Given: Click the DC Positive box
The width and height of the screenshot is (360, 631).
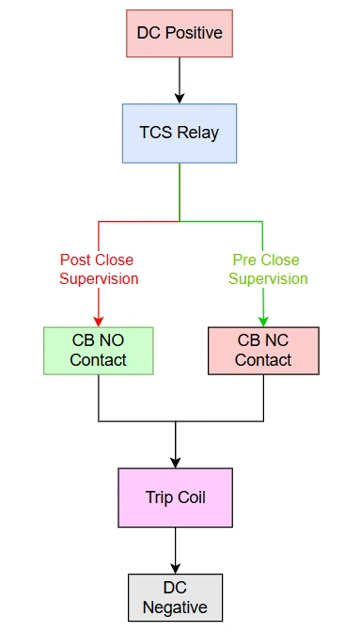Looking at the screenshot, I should (x=179, y=33).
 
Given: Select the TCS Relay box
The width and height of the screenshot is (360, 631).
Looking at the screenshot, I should (x=179, y=133).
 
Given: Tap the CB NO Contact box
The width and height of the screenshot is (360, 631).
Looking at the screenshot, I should (x=99, y=351).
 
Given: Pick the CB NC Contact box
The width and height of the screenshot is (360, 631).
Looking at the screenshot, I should (x=263, y=351).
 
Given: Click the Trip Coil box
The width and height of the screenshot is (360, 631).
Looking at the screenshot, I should (x=176, y=497).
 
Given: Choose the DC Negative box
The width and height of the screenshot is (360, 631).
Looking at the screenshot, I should (x=175, y=597).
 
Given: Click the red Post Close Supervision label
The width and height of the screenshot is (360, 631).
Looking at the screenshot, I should (x=98, y=269).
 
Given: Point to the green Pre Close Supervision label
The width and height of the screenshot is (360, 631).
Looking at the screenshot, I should (x=267, y=269).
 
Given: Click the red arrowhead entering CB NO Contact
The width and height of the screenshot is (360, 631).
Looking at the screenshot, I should (x=99, y=321).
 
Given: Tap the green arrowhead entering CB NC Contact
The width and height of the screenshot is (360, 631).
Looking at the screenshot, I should (x=263, y=321).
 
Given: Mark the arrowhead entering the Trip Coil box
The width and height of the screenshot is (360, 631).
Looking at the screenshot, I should (x=176, y=462).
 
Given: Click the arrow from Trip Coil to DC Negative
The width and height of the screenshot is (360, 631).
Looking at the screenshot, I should (x=176, y=550).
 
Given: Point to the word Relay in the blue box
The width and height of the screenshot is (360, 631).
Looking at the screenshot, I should (x=198, y=133).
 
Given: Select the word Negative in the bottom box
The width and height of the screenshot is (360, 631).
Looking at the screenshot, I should (x=175, y=607).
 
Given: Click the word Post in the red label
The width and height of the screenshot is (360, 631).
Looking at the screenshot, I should (x=75, y=260).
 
